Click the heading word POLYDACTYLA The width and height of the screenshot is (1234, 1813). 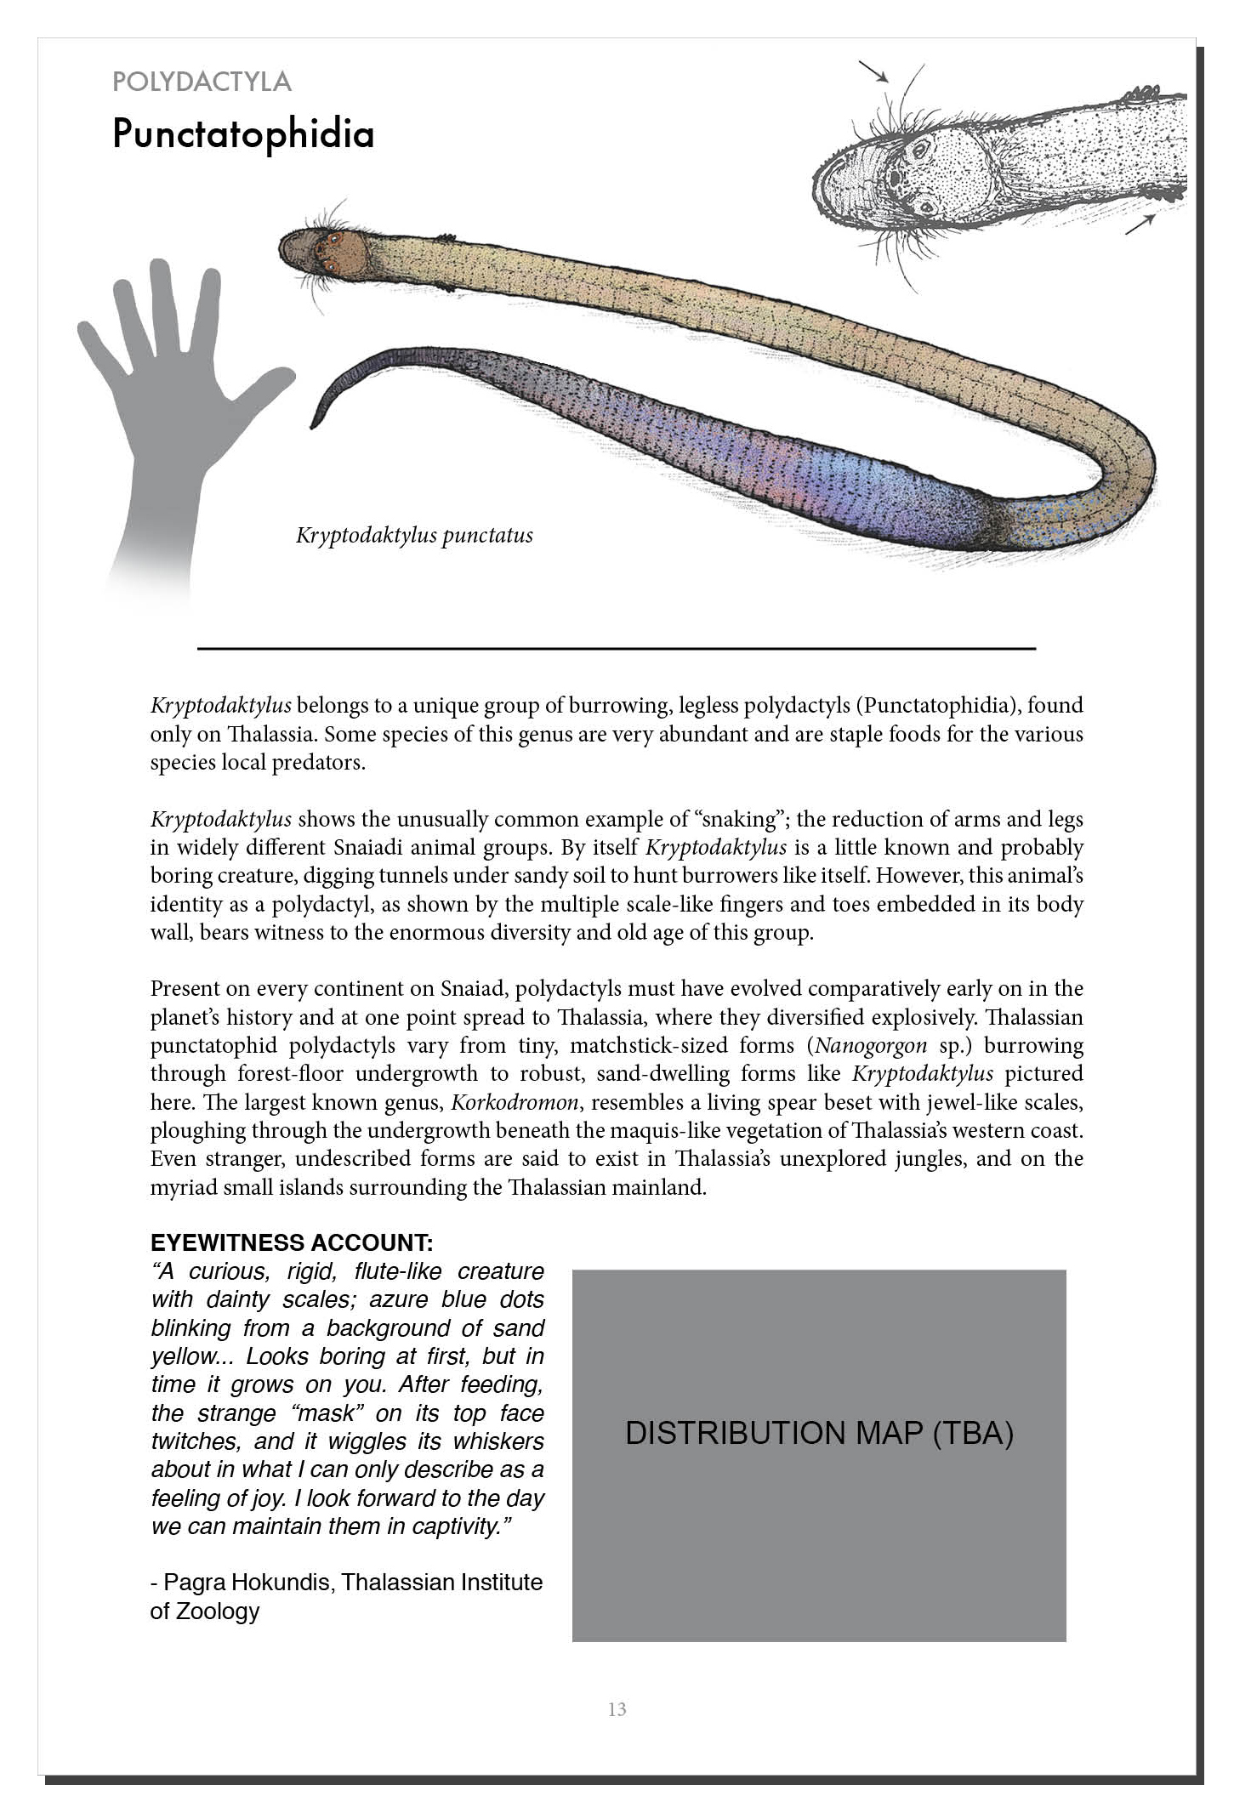pos(202,82)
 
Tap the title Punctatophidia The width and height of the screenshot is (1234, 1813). pos(243,134)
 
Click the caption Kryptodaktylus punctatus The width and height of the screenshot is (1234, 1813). pos(414,536)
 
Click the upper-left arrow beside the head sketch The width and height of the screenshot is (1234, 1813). pos(873,71)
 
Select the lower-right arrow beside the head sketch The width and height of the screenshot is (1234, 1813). pos(1140,224)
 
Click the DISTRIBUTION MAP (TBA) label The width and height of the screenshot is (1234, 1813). pos(819,1434)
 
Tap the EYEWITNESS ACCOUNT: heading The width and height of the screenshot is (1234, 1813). pos(292,1242)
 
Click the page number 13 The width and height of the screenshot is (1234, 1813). pos(617,1709)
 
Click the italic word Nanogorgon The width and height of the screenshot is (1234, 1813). pos(870,1045)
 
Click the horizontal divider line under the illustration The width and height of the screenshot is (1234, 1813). pos(617,649)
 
